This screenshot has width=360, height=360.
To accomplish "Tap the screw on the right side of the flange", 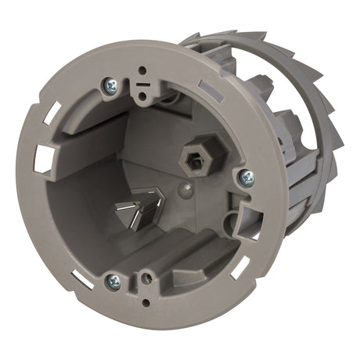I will pos(247,178).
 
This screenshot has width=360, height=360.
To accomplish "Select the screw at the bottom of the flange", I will pos(113,279).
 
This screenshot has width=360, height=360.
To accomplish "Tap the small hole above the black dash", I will pos(142,70).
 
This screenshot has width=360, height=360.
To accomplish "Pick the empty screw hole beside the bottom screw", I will pos(145,276).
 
